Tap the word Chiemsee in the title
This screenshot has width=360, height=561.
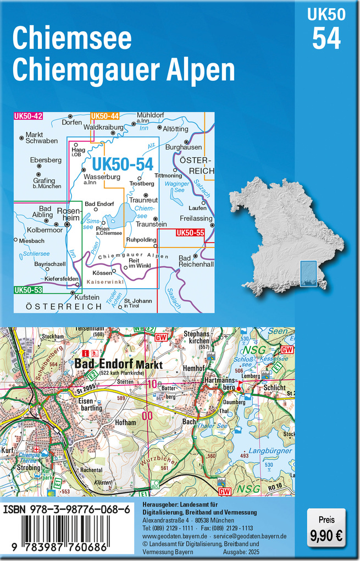(71, 38)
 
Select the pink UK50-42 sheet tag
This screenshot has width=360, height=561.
(28, 116)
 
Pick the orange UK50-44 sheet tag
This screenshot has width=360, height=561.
(104, 116)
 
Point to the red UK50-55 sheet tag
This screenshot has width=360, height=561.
(190, 234)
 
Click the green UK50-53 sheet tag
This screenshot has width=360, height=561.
(28, 290)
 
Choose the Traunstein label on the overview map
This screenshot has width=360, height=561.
(151, 224)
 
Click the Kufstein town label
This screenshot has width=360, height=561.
(87, 298)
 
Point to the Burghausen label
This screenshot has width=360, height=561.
(184, 147)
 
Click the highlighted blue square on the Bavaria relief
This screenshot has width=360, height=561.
(308, 274)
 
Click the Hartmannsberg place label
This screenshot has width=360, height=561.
(219, 384)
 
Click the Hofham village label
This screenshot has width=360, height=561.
(125, 422)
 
